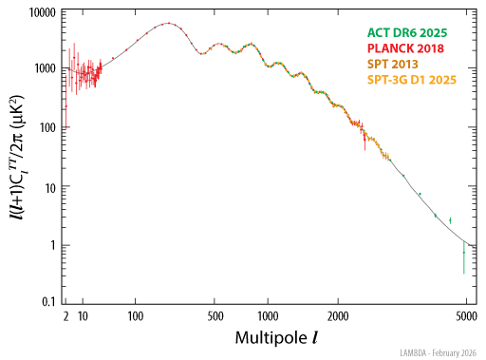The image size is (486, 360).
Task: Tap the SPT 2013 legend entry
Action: click(x=397, y=65)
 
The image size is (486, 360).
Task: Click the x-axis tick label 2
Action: click(x=66, y=315)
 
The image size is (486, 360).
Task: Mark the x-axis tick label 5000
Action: click(x=464, y=315)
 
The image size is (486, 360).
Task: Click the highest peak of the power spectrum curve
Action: click(x=168, y=23)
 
